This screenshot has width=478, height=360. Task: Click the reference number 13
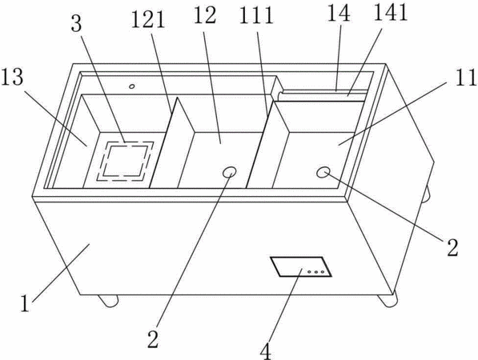click(12, 77)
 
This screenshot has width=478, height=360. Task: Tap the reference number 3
click(77, 23)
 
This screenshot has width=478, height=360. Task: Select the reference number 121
click(148, 20)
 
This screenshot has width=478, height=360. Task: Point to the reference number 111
click(256, 15)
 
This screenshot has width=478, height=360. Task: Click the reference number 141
click(391, 13)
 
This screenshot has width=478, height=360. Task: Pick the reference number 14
click(339, 13)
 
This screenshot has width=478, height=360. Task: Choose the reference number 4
click(266, 350)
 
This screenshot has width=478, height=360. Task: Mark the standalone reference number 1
click(25, 303)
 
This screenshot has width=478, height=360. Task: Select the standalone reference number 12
click(205, 15)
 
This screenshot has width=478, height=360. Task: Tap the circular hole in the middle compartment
click(229, 172)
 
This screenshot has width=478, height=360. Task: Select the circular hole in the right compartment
click(323, 172)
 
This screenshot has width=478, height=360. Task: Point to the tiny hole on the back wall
click(131, 86)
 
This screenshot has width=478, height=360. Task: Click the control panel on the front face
click(301, 266)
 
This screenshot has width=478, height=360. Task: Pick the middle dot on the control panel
click(316, 272)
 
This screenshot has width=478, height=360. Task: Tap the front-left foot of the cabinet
click(108, 300)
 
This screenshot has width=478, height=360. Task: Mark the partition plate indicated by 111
click(267, 145)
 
